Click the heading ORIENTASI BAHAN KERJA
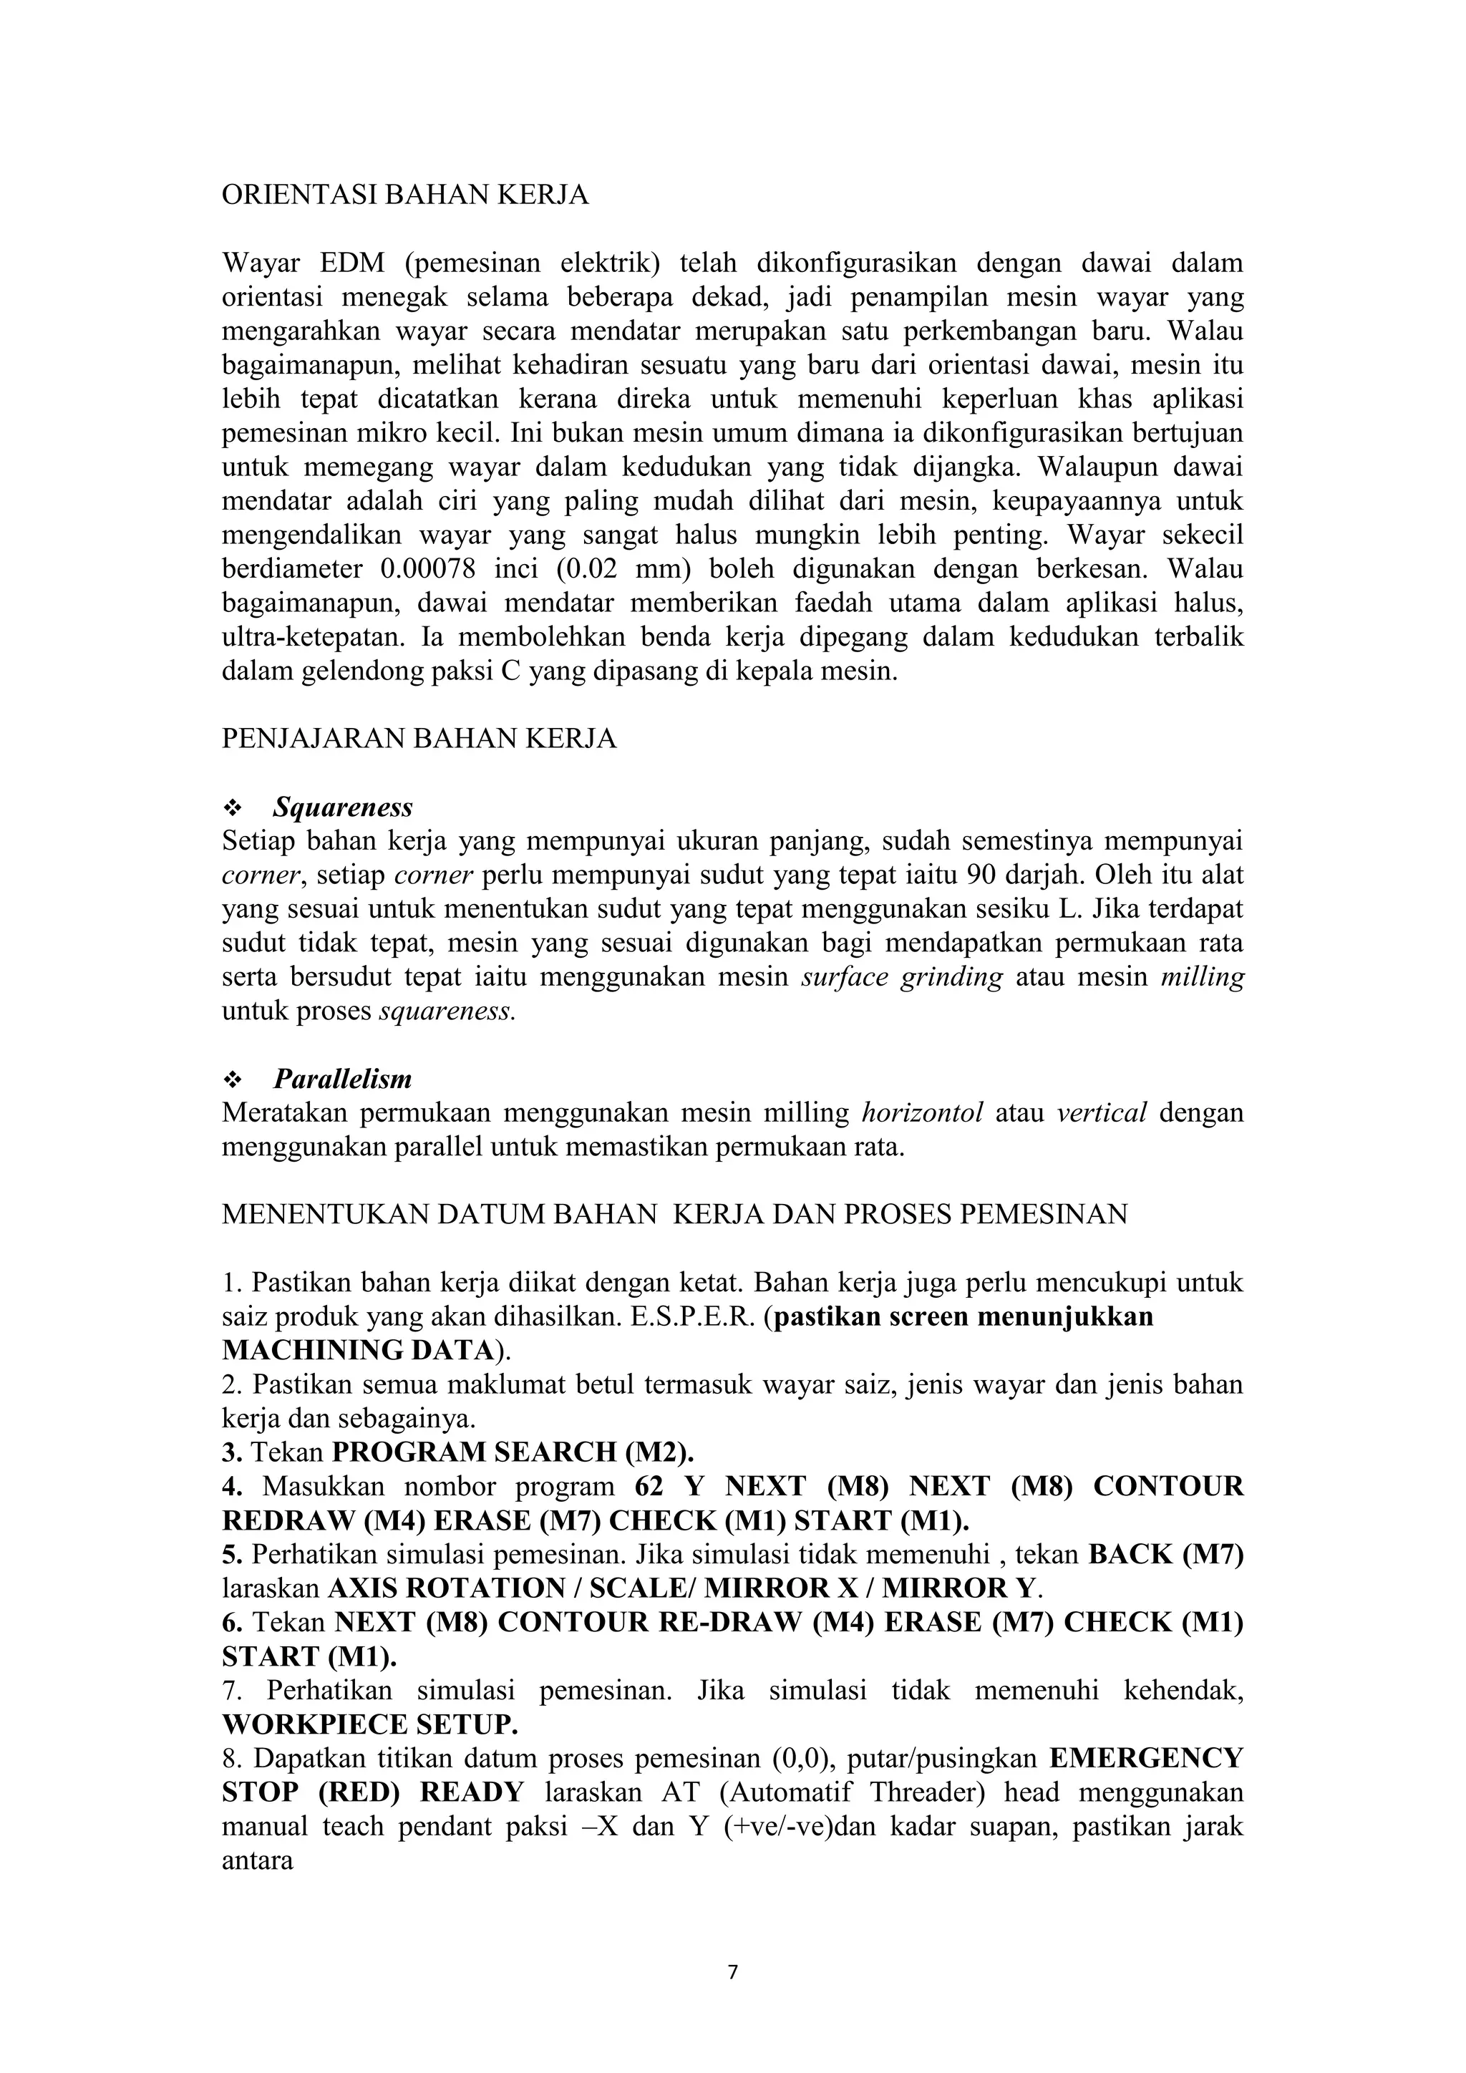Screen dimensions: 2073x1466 pos(405,195)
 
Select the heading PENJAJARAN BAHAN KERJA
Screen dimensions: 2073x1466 pos(419,739)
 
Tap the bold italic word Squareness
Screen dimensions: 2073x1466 pos(343,806)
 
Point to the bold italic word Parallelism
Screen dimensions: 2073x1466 pos(342,1079)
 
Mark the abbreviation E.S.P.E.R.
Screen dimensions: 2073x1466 pos(689,1317)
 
